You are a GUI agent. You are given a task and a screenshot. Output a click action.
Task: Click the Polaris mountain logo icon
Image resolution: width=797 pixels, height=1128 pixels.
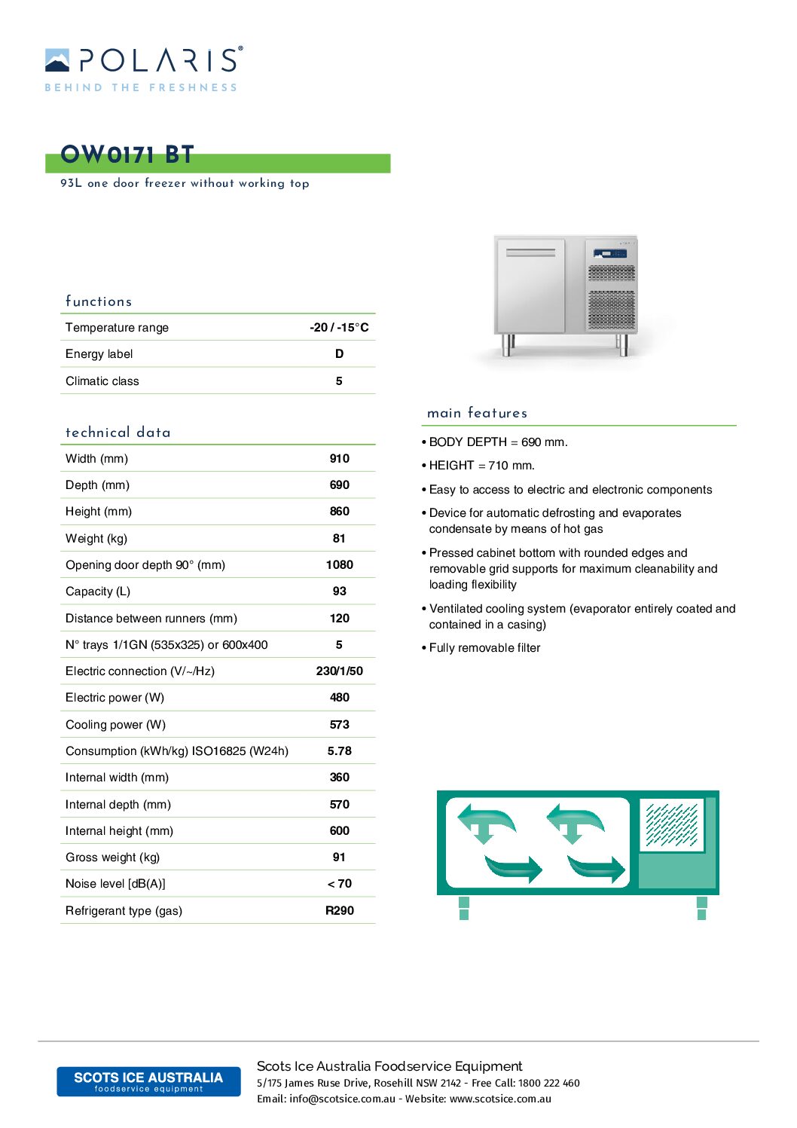click(x=57, y=60)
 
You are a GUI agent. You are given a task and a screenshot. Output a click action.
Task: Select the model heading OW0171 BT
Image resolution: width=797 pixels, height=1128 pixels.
click(x=127, y=155)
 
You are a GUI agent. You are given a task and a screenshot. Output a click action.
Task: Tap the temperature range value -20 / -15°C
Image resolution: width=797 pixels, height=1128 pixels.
click(x=339, y=328)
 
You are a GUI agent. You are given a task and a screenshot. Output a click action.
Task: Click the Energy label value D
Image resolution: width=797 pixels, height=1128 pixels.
click(x=339, y=354)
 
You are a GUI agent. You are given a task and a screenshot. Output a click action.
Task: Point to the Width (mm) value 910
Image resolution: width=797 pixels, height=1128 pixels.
click(x=339, y=459)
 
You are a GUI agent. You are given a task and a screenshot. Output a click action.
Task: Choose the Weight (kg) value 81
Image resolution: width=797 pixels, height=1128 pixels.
click(x=339, y=539)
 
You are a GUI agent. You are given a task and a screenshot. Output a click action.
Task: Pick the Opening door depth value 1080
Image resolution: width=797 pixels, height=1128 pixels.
click(x=339, y=565)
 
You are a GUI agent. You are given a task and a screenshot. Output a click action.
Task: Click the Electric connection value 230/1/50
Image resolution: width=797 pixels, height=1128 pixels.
click(x=339, y=671)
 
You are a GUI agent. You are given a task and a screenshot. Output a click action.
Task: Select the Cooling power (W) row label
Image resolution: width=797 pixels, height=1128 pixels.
click(x=115, y=725)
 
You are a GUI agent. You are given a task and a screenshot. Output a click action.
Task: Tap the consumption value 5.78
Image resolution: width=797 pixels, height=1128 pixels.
click(x=339, y=751)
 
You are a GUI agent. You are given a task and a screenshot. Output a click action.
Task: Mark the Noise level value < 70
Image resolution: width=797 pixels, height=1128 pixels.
click(x=339, y=884)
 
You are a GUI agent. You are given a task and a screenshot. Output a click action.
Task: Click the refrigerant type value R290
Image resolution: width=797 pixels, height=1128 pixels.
click(x=339, y=911)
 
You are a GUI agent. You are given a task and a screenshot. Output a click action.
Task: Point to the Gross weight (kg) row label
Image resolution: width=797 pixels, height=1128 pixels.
click(x=112, y=857)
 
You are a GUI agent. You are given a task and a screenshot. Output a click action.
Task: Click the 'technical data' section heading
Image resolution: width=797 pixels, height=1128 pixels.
click(x=118, y=433)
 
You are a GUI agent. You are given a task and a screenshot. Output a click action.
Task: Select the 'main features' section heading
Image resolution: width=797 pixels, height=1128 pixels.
click(x=477, y=413)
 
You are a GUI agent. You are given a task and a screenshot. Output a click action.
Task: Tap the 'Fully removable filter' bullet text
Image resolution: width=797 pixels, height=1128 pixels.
click(x=484, y=648)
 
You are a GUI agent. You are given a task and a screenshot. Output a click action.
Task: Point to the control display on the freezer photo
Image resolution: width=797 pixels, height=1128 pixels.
click(x=609, y=254)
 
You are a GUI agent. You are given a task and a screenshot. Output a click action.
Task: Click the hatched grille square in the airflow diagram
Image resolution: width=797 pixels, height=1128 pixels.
click(x=671, y=824)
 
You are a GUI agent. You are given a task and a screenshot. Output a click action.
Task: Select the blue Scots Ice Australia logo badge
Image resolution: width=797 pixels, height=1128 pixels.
click(x=148, y=1081)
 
